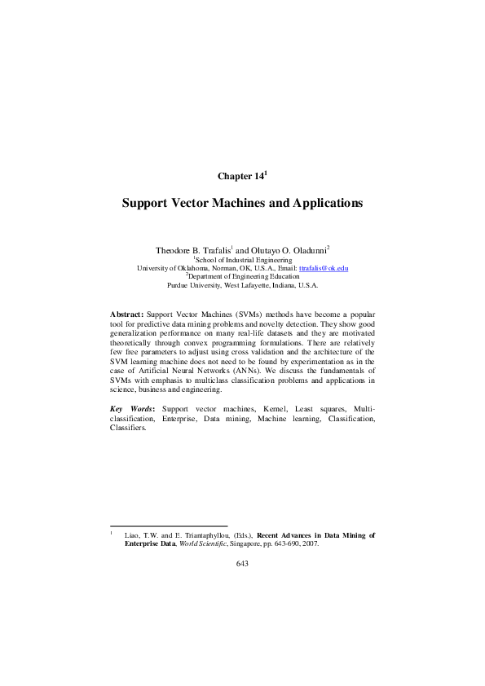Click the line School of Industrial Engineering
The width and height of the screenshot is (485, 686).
[x=242, y=258]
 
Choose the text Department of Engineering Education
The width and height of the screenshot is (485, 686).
[x=243, y=277]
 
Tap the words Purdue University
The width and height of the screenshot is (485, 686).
[x=193, y=286]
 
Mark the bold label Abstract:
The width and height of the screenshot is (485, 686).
[x=126, y=313]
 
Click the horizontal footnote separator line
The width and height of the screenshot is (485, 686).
[x=168, y=525]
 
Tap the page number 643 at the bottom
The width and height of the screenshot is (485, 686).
[x=242, y=563]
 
